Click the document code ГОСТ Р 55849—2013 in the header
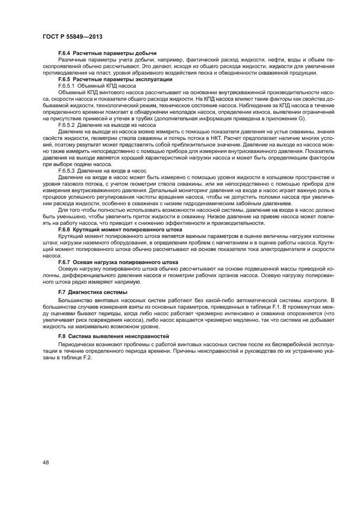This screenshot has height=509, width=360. coord(73,36)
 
